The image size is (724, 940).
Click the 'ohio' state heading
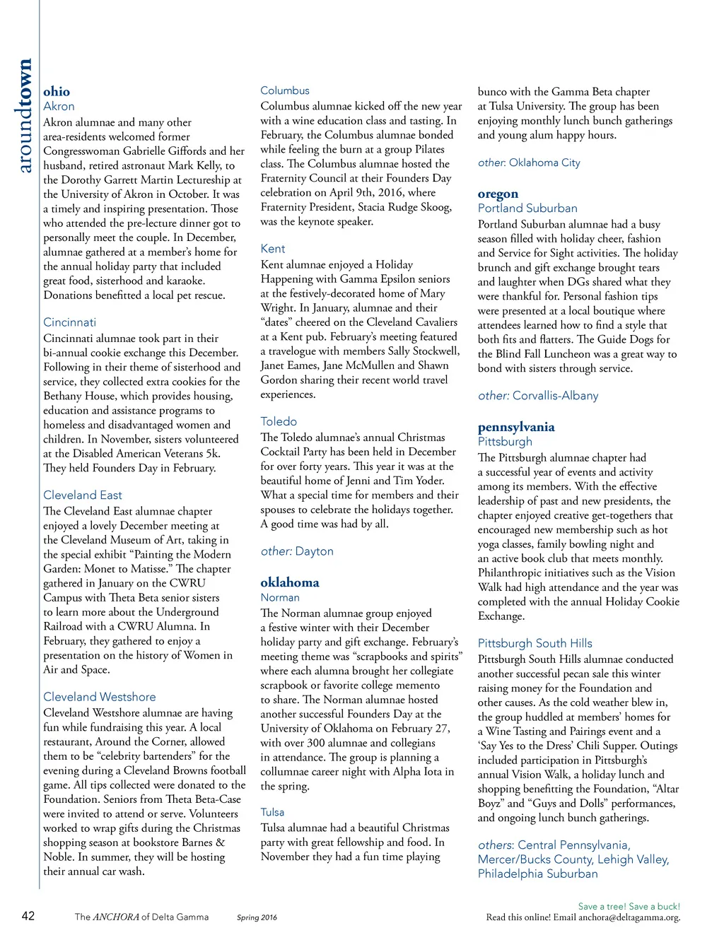point(57,91)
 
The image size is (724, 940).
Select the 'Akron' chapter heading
point(59,106)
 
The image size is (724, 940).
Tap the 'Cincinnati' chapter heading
point(69,322)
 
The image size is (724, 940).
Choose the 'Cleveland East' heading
point(82,495)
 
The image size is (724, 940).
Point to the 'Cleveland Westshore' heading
point(99,696)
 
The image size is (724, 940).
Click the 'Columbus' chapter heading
point(285,90)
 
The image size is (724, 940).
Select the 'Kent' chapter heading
point(273,249)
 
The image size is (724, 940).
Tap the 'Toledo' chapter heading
point(279,421)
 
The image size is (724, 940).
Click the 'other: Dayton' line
point(297,551)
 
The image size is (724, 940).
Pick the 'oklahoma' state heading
point(290,582)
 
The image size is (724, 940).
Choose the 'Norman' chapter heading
point(280,597)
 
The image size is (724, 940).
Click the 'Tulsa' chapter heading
point(272,812)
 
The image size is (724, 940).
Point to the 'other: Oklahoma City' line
point(529,163)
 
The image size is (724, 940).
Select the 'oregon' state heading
point(498,194)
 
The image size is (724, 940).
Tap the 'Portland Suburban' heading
point(527,208)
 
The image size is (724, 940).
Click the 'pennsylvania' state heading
point(516,427)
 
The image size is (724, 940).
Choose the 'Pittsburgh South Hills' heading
point(535,643)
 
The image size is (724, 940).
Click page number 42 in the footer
point(28,916)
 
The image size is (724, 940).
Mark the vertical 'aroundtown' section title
point(25,116)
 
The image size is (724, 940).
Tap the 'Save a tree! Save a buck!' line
point(629,906)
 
